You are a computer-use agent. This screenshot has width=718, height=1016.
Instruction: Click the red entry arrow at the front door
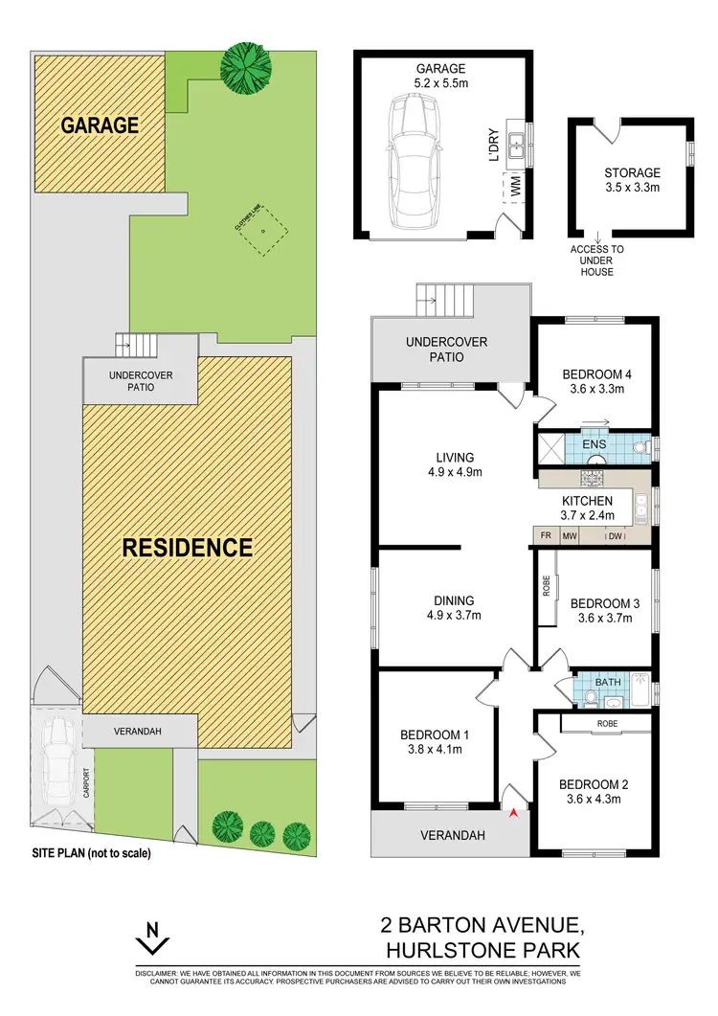coord(515,814)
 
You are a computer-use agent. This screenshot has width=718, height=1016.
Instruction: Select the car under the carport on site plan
coord(56,749)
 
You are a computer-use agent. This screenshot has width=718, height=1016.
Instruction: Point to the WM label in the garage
coord(514,188)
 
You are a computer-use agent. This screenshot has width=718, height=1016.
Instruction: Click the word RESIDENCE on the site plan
coord(188,548)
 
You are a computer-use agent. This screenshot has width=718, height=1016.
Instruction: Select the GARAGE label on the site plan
coord(101,125)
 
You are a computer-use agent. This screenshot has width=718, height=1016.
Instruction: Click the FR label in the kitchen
coord(546,537)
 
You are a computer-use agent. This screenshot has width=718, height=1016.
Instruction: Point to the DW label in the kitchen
coord(617,537)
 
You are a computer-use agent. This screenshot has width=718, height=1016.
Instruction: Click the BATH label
coord(608,682)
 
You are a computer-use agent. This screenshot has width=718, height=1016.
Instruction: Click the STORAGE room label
coord(632,173)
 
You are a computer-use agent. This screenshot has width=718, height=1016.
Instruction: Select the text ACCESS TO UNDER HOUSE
coord(597,260)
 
